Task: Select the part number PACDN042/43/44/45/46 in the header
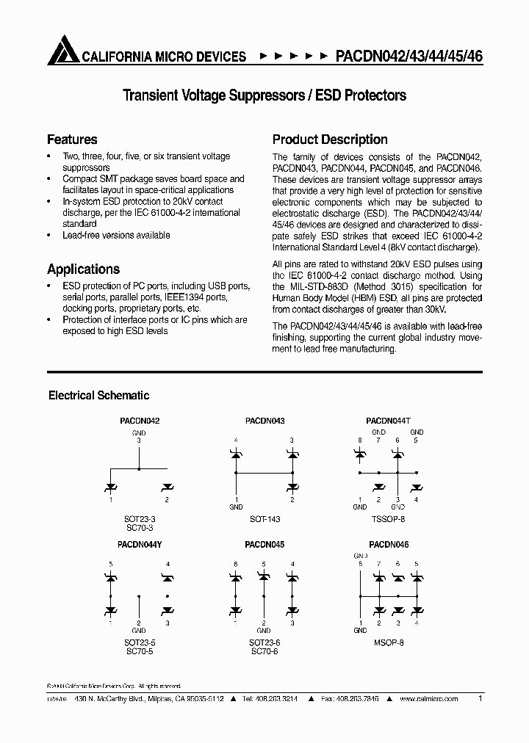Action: tap(409, 56)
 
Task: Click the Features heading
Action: tap(72, 139)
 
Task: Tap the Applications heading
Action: tap(83, 269)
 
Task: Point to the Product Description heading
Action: tap(330, 139)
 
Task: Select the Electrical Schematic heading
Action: tap(98, 396)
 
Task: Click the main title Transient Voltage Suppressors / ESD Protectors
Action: tap(264, 95)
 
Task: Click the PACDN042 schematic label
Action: tap(139, 421)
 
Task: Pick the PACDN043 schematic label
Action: tap(264, 421)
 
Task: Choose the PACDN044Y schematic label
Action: tap(139, 546)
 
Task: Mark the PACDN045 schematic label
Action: tap(264, 546)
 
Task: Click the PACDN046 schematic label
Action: tap(389, 546)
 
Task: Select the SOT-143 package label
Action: tap(264, 519)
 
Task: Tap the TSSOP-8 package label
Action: tap(387, 519)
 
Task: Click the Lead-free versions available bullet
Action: tap(116, 236)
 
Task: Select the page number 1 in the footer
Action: tap(480, 699)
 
